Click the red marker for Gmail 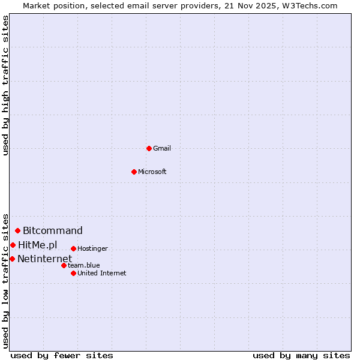(149, 148)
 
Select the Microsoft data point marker (134, 172)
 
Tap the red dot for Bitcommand (18, 230)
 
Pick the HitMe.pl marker (13, 245)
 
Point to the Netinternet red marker (12, 259)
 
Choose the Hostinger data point (73, 248)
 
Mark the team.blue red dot (64, 265)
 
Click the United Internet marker (73, 273)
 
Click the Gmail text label (162, 148)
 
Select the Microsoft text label (152, 172)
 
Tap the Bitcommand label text (53, 230)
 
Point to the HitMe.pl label (38, 245)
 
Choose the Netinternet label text (44, 259)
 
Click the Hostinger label (92, 248)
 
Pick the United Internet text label (102, 273)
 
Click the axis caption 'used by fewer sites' (62, 355)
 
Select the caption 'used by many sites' (301, 355)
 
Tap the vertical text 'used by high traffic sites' (5, 86)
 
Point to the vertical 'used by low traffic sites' (5, 281)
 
